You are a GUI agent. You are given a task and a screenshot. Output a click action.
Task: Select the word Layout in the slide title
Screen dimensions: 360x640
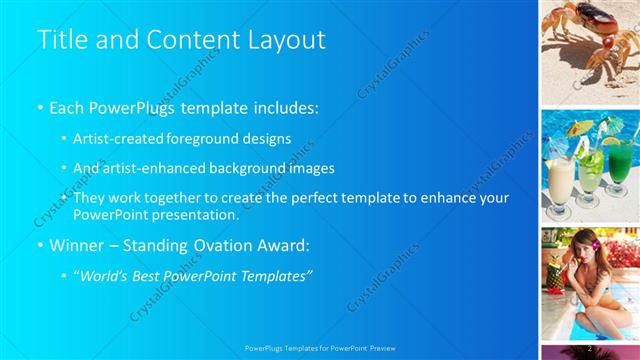(x=286, y=40)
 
